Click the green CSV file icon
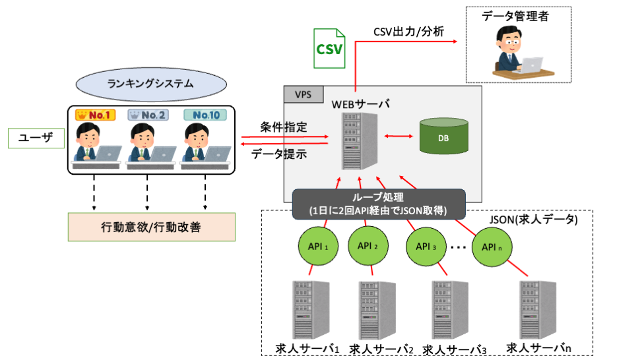(329, 47)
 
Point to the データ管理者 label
(515, 17)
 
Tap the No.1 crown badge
(96, 115)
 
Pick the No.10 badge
(205, 115)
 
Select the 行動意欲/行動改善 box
(151, 227)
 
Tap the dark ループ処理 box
(379, 204)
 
